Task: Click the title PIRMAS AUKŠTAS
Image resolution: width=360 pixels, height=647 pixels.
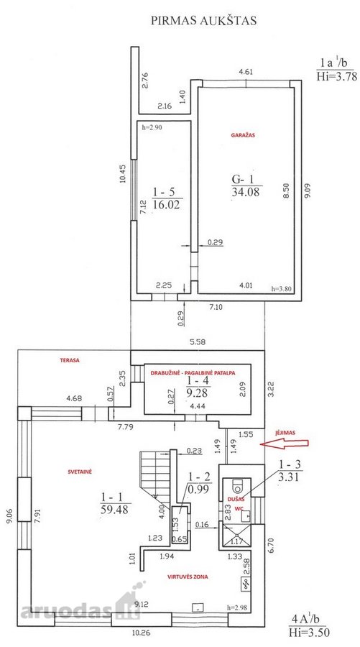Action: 203,21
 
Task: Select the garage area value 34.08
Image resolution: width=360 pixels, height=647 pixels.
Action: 246,191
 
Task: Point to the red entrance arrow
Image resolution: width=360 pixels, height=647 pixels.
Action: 284,444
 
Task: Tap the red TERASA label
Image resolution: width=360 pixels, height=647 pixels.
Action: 70,360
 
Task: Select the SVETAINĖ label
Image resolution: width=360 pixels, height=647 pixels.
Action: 80,471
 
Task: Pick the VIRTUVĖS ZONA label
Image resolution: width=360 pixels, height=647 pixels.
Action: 188,577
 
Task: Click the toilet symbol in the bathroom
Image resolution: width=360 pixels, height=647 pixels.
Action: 238,486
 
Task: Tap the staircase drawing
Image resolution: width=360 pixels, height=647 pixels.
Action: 155,474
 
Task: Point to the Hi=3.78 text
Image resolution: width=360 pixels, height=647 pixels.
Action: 336,76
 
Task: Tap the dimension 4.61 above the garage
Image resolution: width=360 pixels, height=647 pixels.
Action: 246,71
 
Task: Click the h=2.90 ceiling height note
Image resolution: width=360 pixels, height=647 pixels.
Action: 152,127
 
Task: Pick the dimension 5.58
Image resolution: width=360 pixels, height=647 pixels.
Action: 198,341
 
